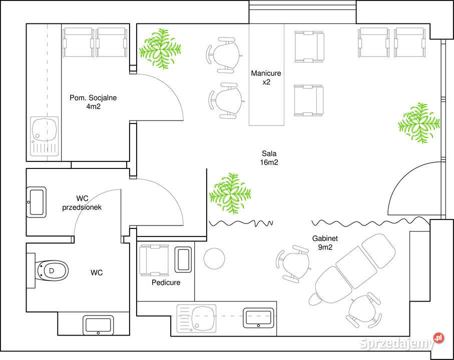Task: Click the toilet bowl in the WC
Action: [x=52, y=270]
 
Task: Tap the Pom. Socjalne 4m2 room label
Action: [x=93, y=102]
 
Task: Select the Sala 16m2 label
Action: [x=269, y=158]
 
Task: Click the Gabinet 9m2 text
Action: [x=325, y=242]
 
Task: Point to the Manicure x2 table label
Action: [x=266, y=77]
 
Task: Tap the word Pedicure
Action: [x=166, y=282]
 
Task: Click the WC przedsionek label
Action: [x=82, y=202]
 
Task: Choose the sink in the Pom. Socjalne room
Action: [x=45, y=136]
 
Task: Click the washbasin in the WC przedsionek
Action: [x=37, y=202]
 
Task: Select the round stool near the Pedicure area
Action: [x=214, y=258]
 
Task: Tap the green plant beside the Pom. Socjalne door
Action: [x=160, y=48]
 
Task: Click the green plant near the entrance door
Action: [x=419, y=123]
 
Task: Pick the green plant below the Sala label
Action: [x=230, y=193]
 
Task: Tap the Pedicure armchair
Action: [x=154, y=260]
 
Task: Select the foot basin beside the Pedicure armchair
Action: [x=183, y=259]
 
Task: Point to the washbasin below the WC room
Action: [x=98, y=325]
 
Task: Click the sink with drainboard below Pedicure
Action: [x=197, y=318]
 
